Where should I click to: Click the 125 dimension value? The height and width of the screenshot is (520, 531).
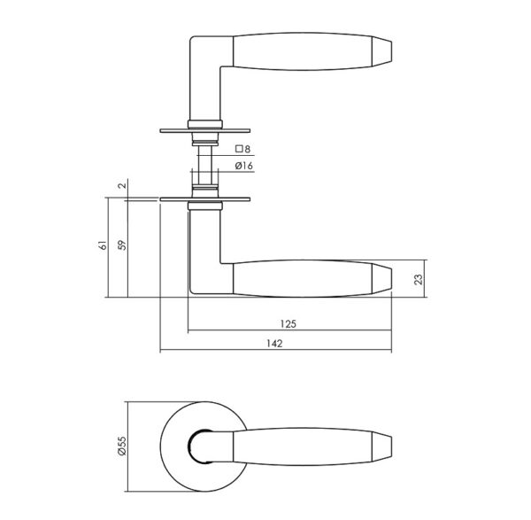pos(289,324)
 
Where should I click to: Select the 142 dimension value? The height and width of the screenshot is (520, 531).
pos(274,344)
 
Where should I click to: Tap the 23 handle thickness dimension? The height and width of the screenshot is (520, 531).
pos(419,279)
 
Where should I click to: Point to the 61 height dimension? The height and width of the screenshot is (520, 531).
pos(103,245)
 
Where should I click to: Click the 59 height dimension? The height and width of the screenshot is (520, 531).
pos(122,245)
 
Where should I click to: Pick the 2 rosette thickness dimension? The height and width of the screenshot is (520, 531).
pos(123,185)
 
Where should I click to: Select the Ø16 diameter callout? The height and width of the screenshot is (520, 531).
pos(244,166)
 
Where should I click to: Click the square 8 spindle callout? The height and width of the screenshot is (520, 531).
pos(242,149)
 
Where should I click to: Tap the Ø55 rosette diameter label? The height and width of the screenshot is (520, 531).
pos(122,446)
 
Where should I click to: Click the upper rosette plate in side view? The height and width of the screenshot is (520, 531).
pos(205,130)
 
